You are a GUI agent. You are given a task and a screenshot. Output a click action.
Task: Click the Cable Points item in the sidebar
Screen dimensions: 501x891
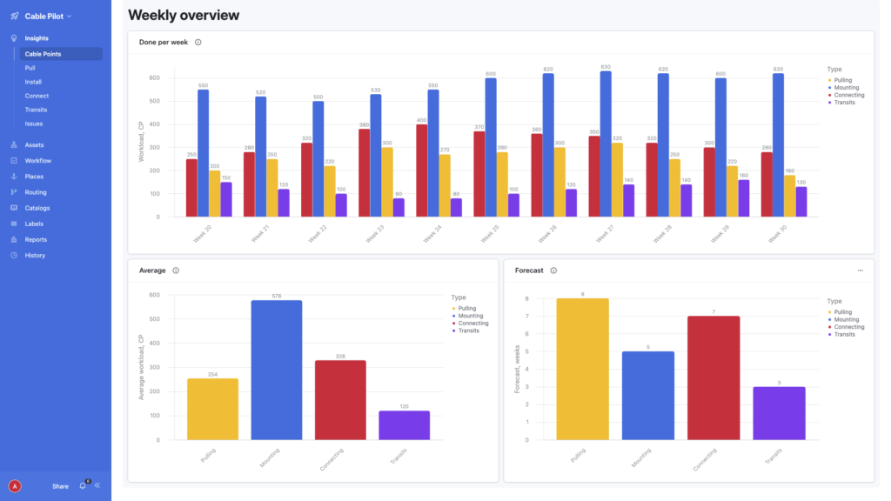(x=44, y=54)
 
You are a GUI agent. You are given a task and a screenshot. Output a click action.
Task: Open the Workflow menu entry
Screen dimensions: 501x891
(x=37, y=161)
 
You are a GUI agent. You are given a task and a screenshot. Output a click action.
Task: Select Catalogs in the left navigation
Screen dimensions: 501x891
(x=37, y=208)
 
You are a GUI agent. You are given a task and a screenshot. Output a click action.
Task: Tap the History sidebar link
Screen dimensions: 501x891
(x=35, y=255)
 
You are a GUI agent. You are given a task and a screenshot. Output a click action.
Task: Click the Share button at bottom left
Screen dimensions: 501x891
(x=60, y=486)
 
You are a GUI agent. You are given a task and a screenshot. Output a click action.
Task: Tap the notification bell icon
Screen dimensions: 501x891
(x=84, y=485)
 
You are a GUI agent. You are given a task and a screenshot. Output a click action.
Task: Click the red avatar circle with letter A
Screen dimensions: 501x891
(x=15, y=486)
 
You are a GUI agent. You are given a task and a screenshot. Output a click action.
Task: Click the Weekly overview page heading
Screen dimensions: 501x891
(x=184, y=15)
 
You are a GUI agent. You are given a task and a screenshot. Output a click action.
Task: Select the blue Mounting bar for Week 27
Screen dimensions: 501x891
(x=606, y=144)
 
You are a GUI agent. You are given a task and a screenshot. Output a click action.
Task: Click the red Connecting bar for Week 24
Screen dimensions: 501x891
(x=422, y=170)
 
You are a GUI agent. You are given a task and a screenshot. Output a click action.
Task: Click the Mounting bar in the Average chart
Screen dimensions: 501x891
(x=277, y=370)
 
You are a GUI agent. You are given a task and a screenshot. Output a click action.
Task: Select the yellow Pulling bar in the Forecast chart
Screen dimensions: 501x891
(x=583, y=369)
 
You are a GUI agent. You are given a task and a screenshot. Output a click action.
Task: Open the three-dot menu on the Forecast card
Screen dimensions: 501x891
(x=861, y=271)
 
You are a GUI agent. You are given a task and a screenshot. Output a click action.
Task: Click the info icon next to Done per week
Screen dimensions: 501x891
(x=198, y=42)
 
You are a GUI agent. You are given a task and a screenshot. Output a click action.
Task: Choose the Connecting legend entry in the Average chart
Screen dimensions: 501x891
(x=472, y=324)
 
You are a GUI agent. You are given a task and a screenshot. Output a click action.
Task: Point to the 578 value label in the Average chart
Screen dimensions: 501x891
(x=277, y=296)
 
